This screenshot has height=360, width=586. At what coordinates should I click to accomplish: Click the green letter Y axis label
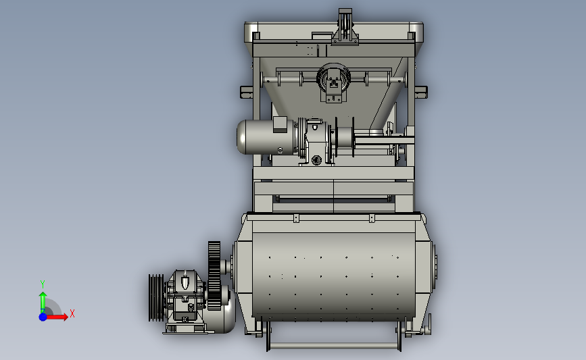point(42,284)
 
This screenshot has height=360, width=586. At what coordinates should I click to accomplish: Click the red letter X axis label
point(72,313)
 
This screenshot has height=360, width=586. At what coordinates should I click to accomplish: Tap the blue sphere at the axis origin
point(43,317)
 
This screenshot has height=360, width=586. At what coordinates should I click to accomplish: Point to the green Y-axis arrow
point(43,302)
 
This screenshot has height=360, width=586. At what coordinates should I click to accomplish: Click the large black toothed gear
point(214,276)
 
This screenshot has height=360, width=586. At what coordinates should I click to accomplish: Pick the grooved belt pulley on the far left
point(156,298)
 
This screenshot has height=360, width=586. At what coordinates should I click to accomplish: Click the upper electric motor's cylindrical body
point(266,137)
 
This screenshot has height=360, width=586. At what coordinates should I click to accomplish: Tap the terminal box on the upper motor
point(280,124)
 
